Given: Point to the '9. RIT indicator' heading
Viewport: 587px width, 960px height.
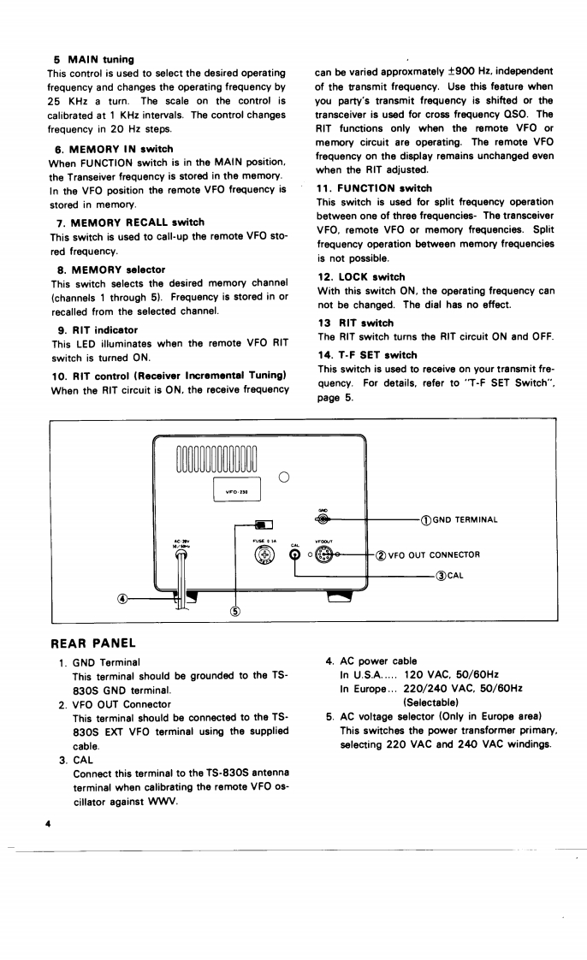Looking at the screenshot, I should pyautogui.click(x=97, y=329).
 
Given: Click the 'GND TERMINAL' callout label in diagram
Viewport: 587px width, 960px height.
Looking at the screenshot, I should pyautogui.click(x=465, y=519).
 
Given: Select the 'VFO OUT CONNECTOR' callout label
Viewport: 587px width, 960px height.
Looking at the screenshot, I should pyautogui.click(x=433, y=554).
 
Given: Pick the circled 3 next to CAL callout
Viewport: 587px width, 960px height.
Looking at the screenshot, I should pyautogui.click(x=439, y=575).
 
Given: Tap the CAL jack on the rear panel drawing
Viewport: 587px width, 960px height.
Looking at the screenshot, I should pyautogui.click(x=294, y=555).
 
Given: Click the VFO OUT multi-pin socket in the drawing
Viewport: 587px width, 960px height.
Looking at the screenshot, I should pyautogui.click(x=323, y=554).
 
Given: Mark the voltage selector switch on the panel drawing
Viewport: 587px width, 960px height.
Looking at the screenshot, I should pyautogui.click(x=264, y=524).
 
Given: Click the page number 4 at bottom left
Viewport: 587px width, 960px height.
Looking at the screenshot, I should pyautogui.click(x=50, y=822).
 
